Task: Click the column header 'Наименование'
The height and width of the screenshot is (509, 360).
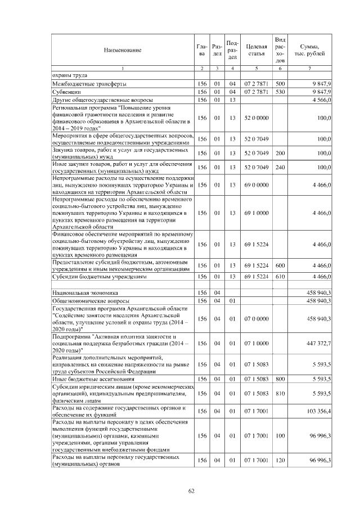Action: [x=122, y=50]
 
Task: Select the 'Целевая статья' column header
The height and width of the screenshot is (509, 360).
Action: [x=256, y=50]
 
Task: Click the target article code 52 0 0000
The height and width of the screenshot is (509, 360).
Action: [x=256, y=118]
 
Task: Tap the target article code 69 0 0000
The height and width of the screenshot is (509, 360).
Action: [x=256, y=184]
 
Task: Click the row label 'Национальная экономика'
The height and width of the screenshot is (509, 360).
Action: [x=85, y=293]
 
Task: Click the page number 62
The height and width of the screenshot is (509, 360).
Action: [x=191, y=491]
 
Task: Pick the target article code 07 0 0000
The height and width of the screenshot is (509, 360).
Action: [x=256, y=318]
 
